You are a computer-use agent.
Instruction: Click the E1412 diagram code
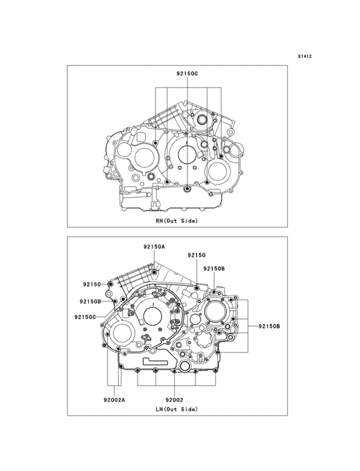(x=305, y=57)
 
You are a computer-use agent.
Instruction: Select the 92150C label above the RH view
(x=187, y=75)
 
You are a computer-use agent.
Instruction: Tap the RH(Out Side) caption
(x=177, y=221)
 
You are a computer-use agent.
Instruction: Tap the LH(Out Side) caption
(x=177, y=409)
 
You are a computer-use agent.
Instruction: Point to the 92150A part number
(x=154, y=246)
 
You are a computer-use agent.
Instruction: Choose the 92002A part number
(x=114, y=399)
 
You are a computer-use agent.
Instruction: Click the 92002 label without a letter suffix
(x=175, y=399)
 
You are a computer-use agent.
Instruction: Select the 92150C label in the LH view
(x=85, y=317)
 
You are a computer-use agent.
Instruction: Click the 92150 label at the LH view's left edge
(x=91, y=283)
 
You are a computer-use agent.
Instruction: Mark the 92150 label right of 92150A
(x=197, y=255)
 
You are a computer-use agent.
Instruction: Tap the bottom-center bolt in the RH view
(x=186, y=188)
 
